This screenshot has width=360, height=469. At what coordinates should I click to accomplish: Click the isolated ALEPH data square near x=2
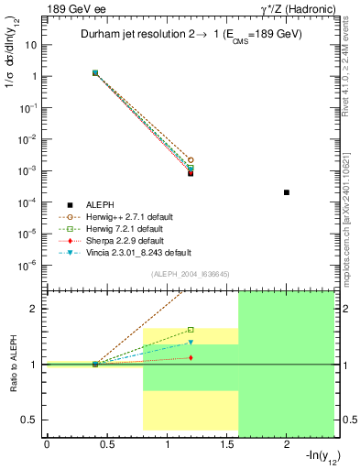click(287, 192)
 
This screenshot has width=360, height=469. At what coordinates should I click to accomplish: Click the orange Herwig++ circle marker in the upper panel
click(191, 159)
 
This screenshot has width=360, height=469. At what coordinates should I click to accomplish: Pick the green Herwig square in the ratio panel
click(191, 330)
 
